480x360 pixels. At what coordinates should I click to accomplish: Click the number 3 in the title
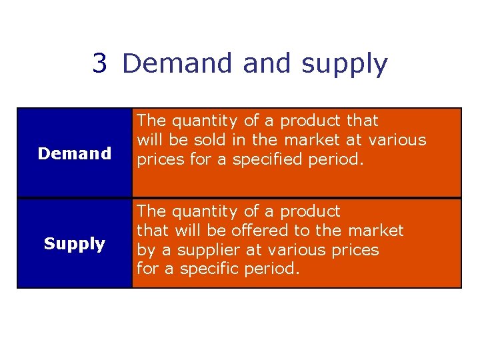[99, 64]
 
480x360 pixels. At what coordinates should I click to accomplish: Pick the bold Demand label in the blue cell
[75, 153]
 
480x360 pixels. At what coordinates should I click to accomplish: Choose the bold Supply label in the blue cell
[75, 244]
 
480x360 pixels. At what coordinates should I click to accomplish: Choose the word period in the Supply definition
[273, 269]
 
